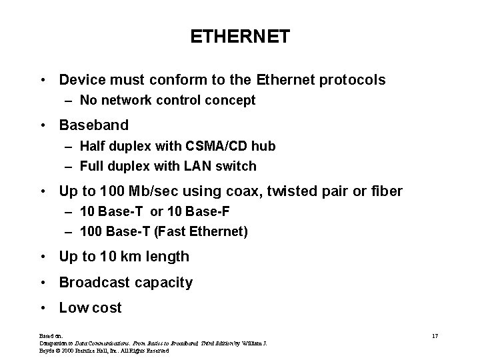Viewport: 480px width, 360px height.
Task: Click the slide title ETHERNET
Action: tap(240, 37)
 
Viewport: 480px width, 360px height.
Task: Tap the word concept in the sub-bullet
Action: tap(233, 101)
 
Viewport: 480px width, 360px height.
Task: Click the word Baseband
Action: tap(93, 125)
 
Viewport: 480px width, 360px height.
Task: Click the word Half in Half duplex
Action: tap(93, 146)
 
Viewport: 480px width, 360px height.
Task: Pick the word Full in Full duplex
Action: tap(91, 166)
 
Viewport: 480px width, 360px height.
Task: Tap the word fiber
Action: tap(385, 191)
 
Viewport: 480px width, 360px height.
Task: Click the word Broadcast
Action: tap(93, 283)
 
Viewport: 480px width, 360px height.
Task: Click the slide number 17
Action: tap(435, 335)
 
